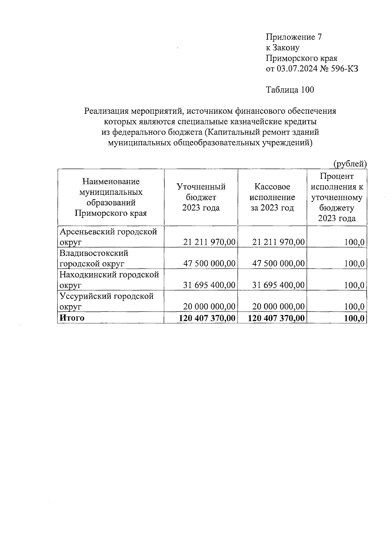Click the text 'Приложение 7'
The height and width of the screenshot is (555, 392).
(x=294, y=37)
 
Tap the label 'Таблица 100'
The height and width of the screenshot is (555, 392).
(x=290, y=90)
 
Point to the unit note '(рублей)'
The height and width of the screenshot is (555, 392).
(x=350, y=164)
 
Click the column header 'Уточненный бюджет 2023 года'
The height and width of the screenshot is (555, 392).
(x=201, y=197)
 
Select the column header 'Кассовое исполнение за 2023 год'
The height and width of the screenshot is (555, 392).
(x=272, y=197)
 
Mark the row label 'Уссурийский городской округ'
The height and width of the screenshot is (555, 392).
(x=106, y=301)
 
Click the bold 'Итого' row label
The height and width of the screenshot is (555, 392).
(x=71, y=318)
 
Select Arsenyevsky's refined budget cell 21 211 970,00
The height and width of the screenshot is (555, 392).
(x=209, y=242)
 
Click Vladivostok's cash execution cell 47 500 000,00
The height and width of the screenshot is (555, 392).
(x=278, y=264)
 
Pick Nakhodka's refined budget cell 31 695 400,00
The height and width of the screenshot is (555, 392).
(x=209, y=285)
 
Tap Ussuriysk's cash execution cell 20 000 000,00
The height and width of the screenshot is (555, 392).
(x=278, y=307)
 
